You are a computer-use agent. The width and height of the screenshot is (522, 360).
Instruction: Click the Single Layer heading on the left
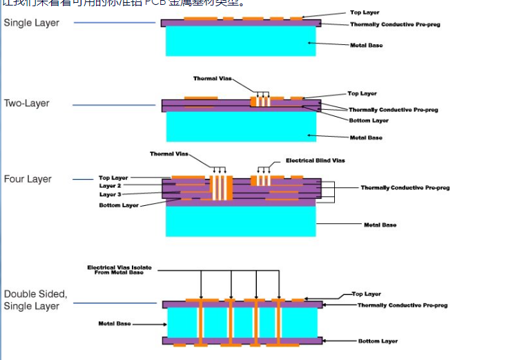(32, 23)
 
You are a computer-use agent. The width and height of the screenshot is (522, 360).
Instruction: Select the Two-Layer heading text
(27, 104)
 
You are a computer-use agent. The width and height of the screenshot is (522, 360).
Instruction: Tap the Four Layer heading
(28, 179)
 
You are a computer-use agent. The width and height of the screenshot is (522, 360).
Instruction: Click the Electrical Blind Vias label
(315, 160)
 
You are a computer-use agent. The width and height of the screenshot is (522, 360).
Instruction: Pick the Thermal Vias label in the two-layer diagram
(212, 79)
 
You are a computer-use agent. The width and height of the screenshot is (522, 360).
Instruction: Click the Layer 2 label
(110, 186)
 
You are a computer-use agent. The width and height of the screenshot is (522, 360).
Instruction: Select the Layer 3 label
(110, 195)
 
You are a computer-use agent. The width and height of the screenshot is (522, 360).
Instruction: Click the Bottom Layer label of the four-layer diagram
(119, 205)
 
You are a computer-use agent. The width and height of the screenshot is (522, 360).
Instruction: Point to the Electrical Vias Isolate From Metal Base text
(119, 269)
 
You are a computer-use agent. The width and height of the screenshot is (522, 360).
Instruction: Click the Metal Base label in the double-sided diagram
(115, 323)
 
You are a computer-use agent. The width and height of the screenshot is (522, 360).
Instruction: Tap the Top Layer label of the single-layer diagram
(365, 12)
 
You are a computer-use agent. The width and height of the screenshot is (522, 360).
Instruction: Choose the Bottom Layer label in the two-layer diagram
(368, 120)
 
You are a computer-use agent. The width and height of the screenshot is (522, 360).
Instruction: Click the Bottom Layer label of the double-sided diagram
(378, 341)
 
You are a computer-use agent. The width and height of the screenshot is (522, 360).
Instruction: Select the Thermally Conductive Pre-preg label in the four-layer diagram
(405, 188)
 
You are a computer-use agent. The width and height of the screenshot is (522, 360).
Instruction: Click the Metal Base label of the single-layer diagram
(366, 46)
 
